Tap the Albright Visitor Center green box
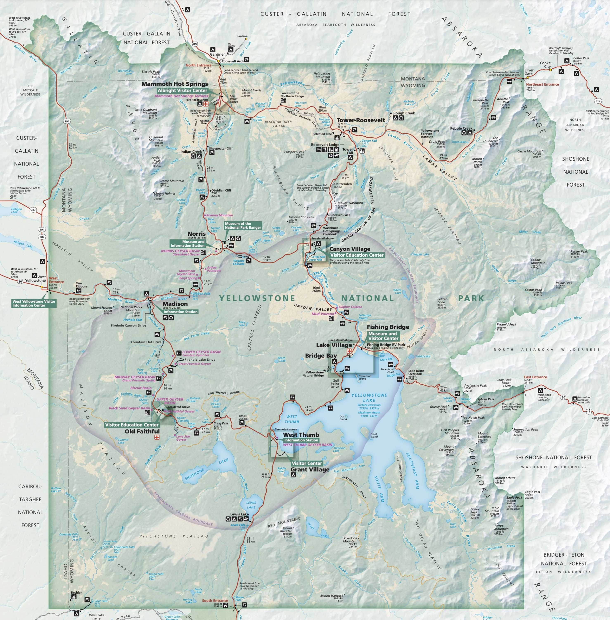click(x=182, y=91)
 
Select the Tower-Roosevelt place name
click(x=361, y=120)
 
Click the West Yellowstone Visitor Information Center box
click(x=34, y=303)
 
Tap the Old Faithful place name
click(x=142, y=431)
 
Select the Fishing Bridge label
click(x=388, y=327)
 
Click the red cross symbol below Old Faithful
click(x=157, y=438)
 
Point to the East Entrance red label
click(x=535, y=377)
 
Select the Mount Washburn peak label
click(x=350, y=203)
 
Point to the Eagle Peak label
click(x=514, y=498)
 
